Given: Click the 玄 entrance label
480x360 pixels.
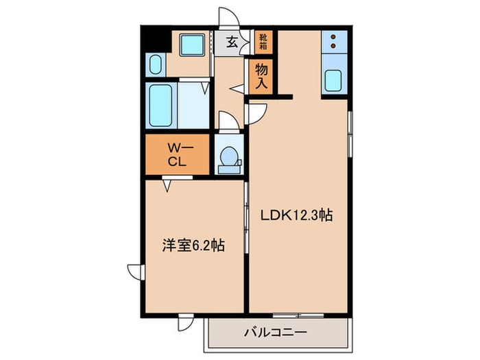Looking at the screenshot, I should (232, 43).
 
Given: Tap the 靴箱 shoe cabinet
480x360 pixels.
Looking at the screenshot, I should (263, 42).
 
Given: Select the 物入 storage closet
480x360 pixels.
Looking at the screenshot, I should (262, 75).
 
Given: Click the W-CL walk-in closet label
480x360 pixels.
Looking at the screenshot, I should (176, 154).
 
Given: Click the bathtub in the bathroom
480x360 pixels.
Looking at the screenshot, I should (162, 106).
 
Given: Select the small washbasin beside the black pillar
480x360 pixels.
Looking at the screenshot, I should (154, 66).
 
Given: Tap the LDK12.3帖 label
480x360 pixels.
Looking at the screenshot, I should (296, 215).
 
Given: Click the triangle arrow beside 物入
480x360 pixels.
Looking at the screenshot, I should (236, 88).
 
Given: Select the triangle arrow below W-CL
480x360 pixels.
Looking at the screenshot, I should (168, 184).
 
